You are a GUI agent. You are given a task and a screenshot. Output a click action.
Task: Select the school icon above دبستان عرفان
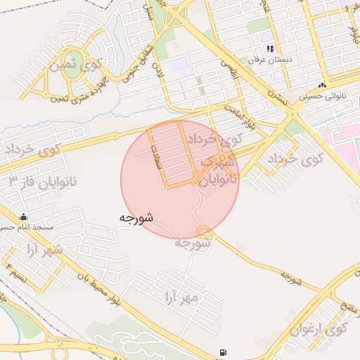tap(269, 49)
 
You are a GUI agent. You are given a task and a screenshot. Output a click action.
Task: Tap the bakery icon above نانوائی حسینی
tap(322, 84)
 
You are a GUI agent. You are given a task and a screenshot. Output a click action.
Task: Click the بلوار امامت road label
tap(242, 115)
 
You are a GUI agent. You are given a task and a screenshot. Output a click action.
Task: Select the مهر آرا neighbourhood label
tap(181, 297)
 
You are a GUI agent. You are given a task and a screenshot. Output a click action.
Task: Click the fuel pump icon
tap(224, 352)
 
